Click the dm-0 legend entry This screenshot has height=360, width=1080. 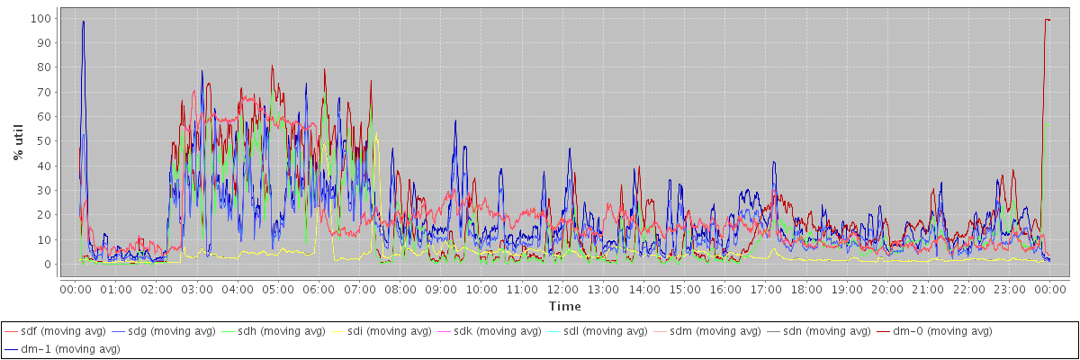(x=931, y=331)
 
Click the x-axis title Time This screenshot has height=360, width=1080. (x=564, y=306)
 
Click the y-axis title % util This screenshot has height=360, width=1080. (x=17, y=141)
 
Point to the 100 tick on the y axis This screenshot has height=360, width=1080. (x=40, y=18)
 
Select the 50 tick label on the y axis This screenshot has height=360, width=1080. (x=43, y=141)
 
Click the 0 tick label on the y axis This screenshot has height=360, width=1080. (x=47, y=265)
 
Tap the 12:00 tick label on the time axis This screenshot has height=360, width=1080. (x=562, y=289)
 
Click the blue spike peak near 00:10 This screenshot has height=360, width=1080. (x=83, y=22)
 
